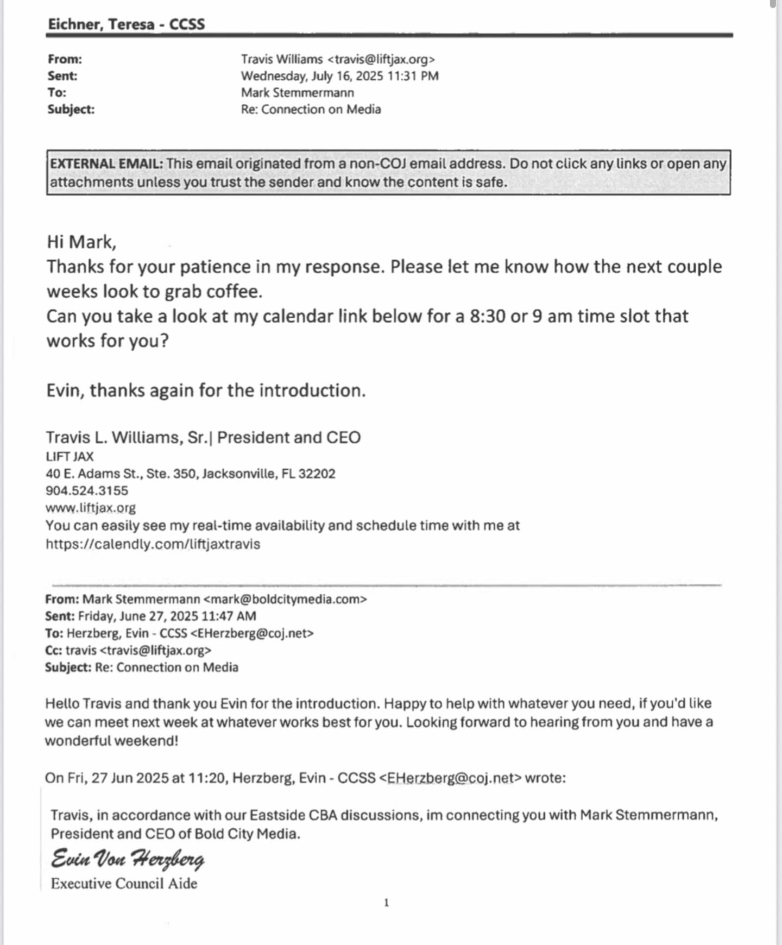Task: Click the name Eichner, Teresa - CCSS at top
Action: (126, 24)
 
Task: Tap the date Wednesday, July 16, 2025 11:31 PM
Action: (339, 76)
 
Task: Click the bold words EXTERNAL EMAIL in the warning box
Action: (106, 164)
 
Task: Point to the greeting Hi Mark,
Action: (81, 242)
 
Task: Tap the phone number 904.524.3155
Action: (87, 490)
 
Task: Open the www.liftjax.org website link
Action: (91, 508)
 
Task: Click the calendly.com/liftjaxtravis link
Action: (153, 544)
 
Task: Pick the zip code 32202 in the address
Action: (317, 474)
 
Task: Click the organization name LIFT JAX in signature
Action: (70, 457)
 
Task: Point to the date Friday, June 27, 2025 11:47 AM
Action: (167, 616)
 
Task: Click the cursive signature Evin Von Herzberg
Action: (128, 859)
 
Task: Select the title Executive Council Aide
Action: (124, 884)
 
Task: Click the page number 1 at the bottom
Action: (387, 903)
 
